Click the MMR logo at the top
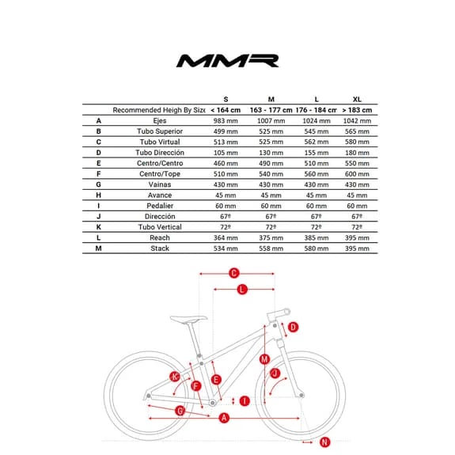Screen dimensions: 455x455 [228, 61]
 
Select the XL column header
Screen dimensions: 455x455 [357, 99]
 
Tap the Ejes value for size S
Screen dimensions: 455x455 [226, 121]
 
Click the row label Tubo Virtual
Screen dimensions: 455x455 [160, 142]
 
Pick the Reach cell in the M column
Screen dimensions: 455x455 [271, 238]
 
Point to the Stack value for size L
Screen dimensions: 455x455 [317, 248]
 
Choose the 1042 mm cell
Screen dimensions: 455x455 [357, 121]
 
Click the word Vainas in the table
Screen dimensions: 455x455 [160, 184]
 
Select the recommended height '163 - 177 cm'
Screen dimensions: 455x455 [271, 110]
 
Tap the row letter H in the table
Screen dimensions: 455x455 [98, 195]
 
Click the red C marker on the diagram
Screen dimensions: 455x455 [234, 273]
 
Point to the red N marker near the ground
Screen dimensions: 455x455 [324, 442]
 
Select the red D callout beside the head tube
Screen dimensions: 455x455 [293, 328]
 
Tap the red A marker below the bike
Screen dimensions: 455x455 [224, 418]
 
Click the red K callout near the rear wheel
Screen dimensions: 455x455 [175, 377]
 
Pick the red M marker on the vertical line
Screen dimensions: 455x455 [264, 359]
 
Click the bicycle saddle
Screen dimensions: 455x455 [188, 319]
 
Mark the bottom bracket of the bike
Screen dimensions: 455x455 [212, 403]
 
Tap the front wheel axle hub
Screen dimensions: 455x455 [301, 395]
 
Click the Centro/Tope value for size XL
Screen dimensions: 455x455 [357, 174]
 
